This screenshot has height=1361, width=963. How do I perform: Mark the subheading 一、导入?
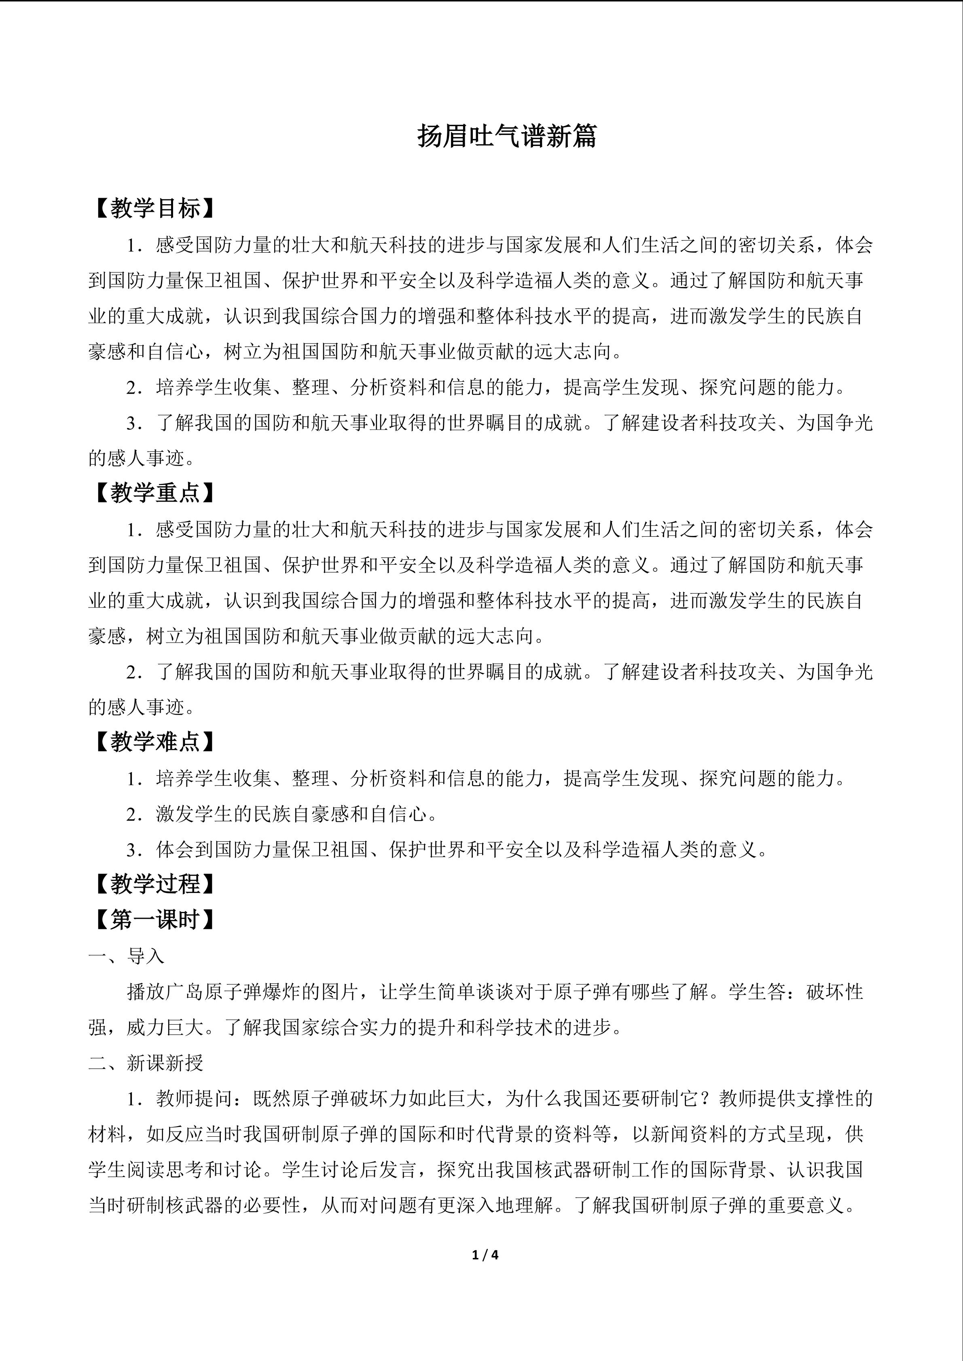(x=126, y=956)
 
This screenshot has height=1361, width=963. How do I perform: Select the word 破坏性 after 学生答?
(x=834, y=992)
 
